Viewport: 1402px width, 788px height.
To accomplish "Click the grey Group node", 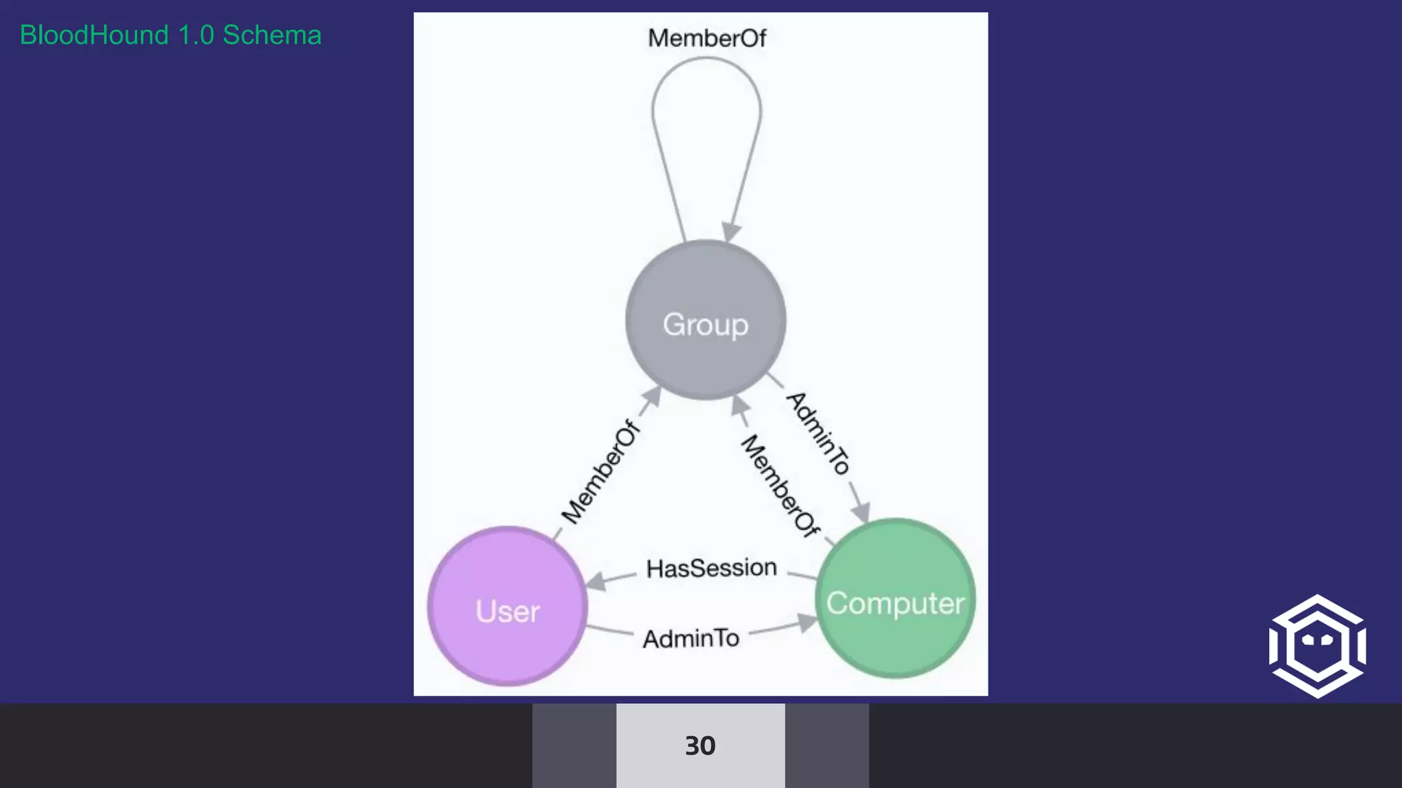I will pos(705,320).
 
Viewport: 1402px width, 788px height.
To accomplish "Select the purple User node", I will pos(507,606).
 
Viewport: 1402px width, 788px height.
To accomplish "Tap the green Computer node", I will pos(895,599).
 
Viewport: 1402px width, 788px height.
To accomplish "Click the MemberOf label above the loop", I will pos(706,38).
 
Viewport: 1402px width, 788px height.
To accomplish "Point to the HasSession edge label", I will pos(711,568).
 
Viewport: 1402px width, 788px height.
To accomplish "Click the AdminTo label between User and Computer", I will pos(691,638).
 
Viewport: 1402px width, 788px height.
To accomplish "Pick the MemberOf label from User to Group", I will pos(601,472).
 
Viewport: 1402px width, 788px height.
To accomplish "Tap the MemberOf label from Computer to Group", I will pos(780,486).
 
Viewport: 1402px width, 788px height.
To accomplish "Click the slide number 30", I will pos(700,746).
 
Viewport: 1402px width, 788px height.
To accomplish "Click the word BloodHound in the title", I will pos(94,36).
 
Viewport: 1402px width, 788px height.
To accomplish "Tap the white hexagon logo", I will pos(1317,646).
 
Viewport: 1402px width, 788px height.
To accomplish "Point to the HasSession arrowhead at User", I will pos(596,581).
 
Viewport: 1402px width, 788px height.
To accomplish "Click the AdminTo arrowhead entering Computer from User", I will pos(808,622).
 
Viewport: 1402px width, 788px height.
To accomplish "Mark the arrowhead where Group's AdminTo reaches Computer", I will pos(861,512).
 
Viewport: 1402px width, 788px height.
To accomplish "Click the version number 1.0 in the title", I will pos(196,36).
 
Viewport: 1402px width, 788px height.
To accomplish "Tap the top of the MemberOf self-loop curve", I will pos(706,59).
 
